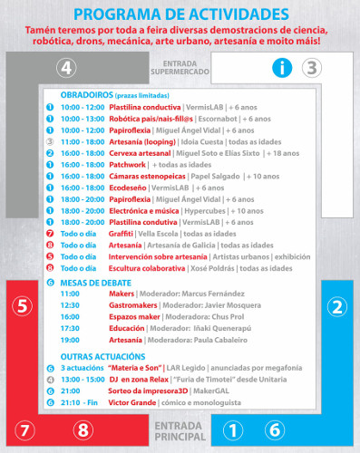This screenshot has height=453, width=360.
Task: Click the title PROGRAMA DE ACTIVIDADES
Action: point(180,14)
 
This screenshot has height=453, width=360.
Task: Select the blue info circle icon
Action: point(284,66)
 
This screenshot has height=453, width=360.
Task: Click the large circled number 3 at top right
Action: point(311,66)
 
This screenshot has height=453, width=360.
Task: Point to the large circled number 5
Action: point(24,305)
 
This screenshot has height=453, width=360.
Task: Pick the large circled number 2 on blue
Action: point(337,305)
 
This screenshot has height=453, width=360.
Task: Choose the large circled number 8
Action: point(83,429)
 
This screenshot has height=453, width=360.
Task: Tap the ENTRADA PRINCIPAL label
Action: point(178,429)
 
